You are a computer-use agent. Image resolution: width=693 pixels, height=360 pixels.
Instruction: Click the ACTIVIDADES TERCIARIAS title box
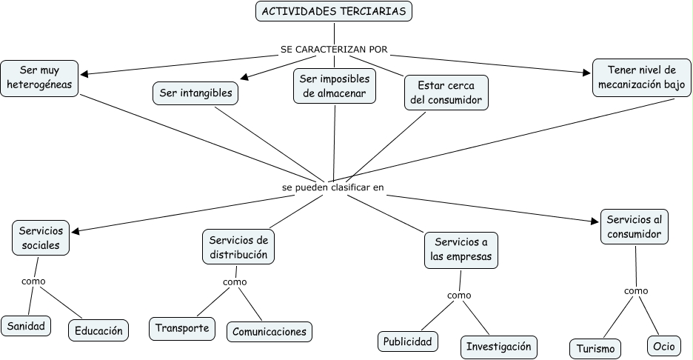pos(334,12)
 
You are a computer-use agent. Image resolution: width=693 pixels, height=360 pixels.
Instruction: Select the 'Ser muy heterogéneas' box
pos(39,78)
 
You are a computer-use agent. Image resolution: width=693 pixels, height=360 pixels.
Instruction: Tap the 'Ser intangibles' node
pos(195,93)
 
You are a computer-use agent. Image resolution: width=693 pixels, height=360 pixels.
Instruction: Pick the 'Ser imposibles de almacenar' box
pos(334,86)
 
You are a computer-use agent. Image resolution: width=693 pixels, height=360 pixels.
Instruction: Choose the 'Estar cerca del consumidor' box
pos(446,93)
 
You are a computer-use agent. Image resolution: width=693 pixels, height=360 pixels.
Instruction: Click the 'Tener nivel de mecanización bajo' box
pos(642,78)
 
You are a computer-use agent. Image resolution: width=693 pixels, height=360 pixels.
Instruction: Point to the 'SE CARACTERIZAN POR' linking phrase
pos(334,50)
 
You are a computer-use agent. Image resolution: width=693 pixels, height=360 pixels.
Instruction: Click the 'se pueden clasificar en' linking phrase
pos(333,187)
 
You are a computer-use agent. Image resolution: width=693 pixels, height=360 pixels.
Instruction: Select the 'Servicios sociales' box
pos(41,238)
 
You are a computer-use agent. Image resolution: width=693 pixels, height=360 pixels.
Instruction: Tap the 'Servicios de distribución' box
pos(238,247)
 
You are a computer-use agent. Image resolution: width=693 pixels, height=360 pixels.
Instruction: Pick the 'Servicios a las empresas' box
pos(461,250)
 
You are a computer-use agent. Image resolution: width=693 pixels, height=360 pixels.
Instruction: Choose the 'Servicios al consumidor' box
pos(634,227)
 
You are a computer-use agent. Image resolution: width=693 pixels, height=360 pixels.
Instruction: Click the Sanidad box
pos(26,325)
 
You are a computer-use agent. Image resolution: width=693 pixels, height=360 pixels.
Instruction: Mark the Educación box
pos(98,330)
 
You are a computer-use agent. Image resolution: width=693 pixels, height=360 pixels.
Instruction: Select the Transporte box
pos(182,328)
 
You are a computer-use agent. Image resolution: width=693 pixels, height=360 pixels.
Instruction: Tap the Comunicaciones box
pos(269,331)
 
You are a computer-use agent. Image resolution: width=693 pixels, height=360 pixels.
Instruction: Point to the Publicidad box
pos(407,341)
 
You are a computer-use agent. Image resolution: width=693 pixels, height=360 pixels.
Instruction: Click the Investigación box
pos(498,346)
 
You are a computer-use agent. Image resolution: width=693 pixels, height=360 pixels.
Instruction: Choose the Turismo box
pos(595,348)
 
